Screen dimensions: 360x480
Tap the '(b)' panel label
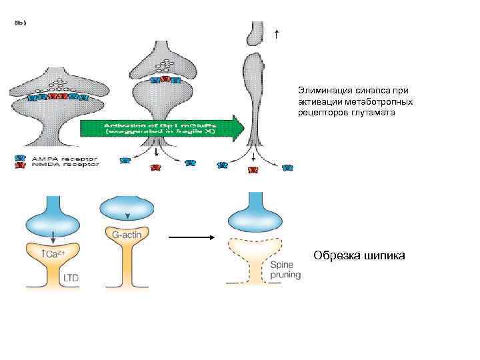(x=21, y=21)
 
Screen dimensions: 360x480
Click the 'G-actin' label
(x=125, y=235)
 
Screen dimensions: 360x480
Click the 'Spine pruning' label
(x=285, y=270)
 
